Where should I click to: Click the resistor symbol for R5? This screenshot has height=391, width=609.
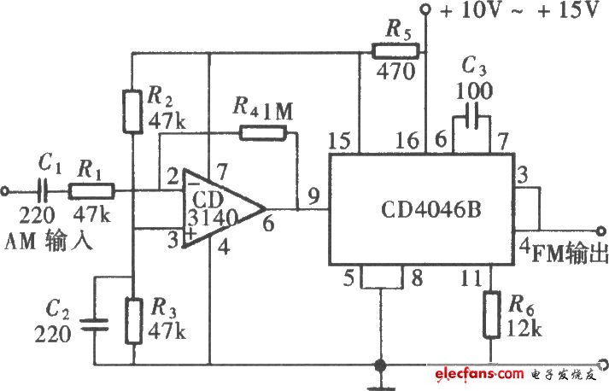[x=395, y=51]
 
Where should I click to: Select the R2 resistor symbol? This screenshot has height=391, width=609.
[x=132, y=112]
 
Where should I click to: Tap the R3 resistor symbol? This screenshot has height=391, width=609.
[x=133, y=321]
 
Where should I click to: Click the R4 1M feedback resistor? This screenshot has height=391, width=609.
[x=263, y=133]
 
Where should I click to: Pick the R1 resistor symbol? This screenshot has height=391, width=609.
[x=91, y=191]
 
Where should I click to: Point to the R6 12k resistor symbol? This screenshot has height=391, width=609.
[x=491, y=315]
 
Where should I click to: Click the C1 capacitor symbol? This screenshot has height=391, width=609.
[x=43, y=190]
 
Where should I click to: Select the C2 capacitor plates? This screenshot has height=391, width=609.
[x=94, y=324]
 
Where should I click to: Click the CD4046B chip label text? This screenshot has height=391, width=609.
[x=430, y=209]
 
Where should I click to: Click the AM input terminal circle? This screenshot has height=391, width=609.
[x=4, y=191]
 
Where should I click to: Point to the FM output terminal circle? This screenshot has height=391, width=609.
[x=601, y=231]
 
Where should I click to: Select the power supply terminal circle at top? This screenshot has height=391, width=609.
[x=426, y=9]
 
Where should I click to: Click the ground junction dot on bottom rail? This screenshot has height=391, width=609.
[x=380, y=365]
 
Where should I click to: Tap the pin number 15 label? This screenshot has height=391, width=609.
[x=339, y=141]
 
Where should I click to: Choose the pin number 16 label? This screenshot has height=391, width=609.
[x=407, y=141]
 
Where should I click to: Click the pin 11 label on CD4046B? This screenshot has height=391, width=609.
[x=471, y=278]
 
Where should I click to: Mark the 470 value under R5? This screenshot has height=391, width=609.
[x=395, y=72]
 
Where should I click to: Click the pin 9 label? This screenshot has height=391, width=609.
[x=313, y=195]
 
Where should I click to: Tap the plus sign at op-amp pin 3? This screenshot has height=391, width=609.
[x=190, y=234]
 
